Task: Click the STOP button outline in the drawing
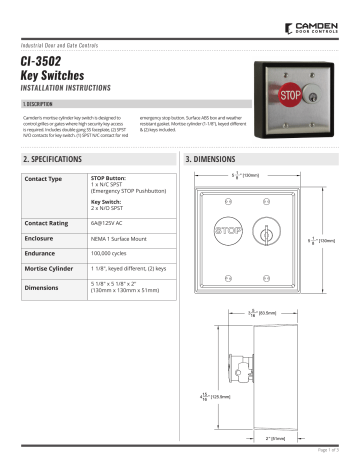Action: (227, 231)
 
